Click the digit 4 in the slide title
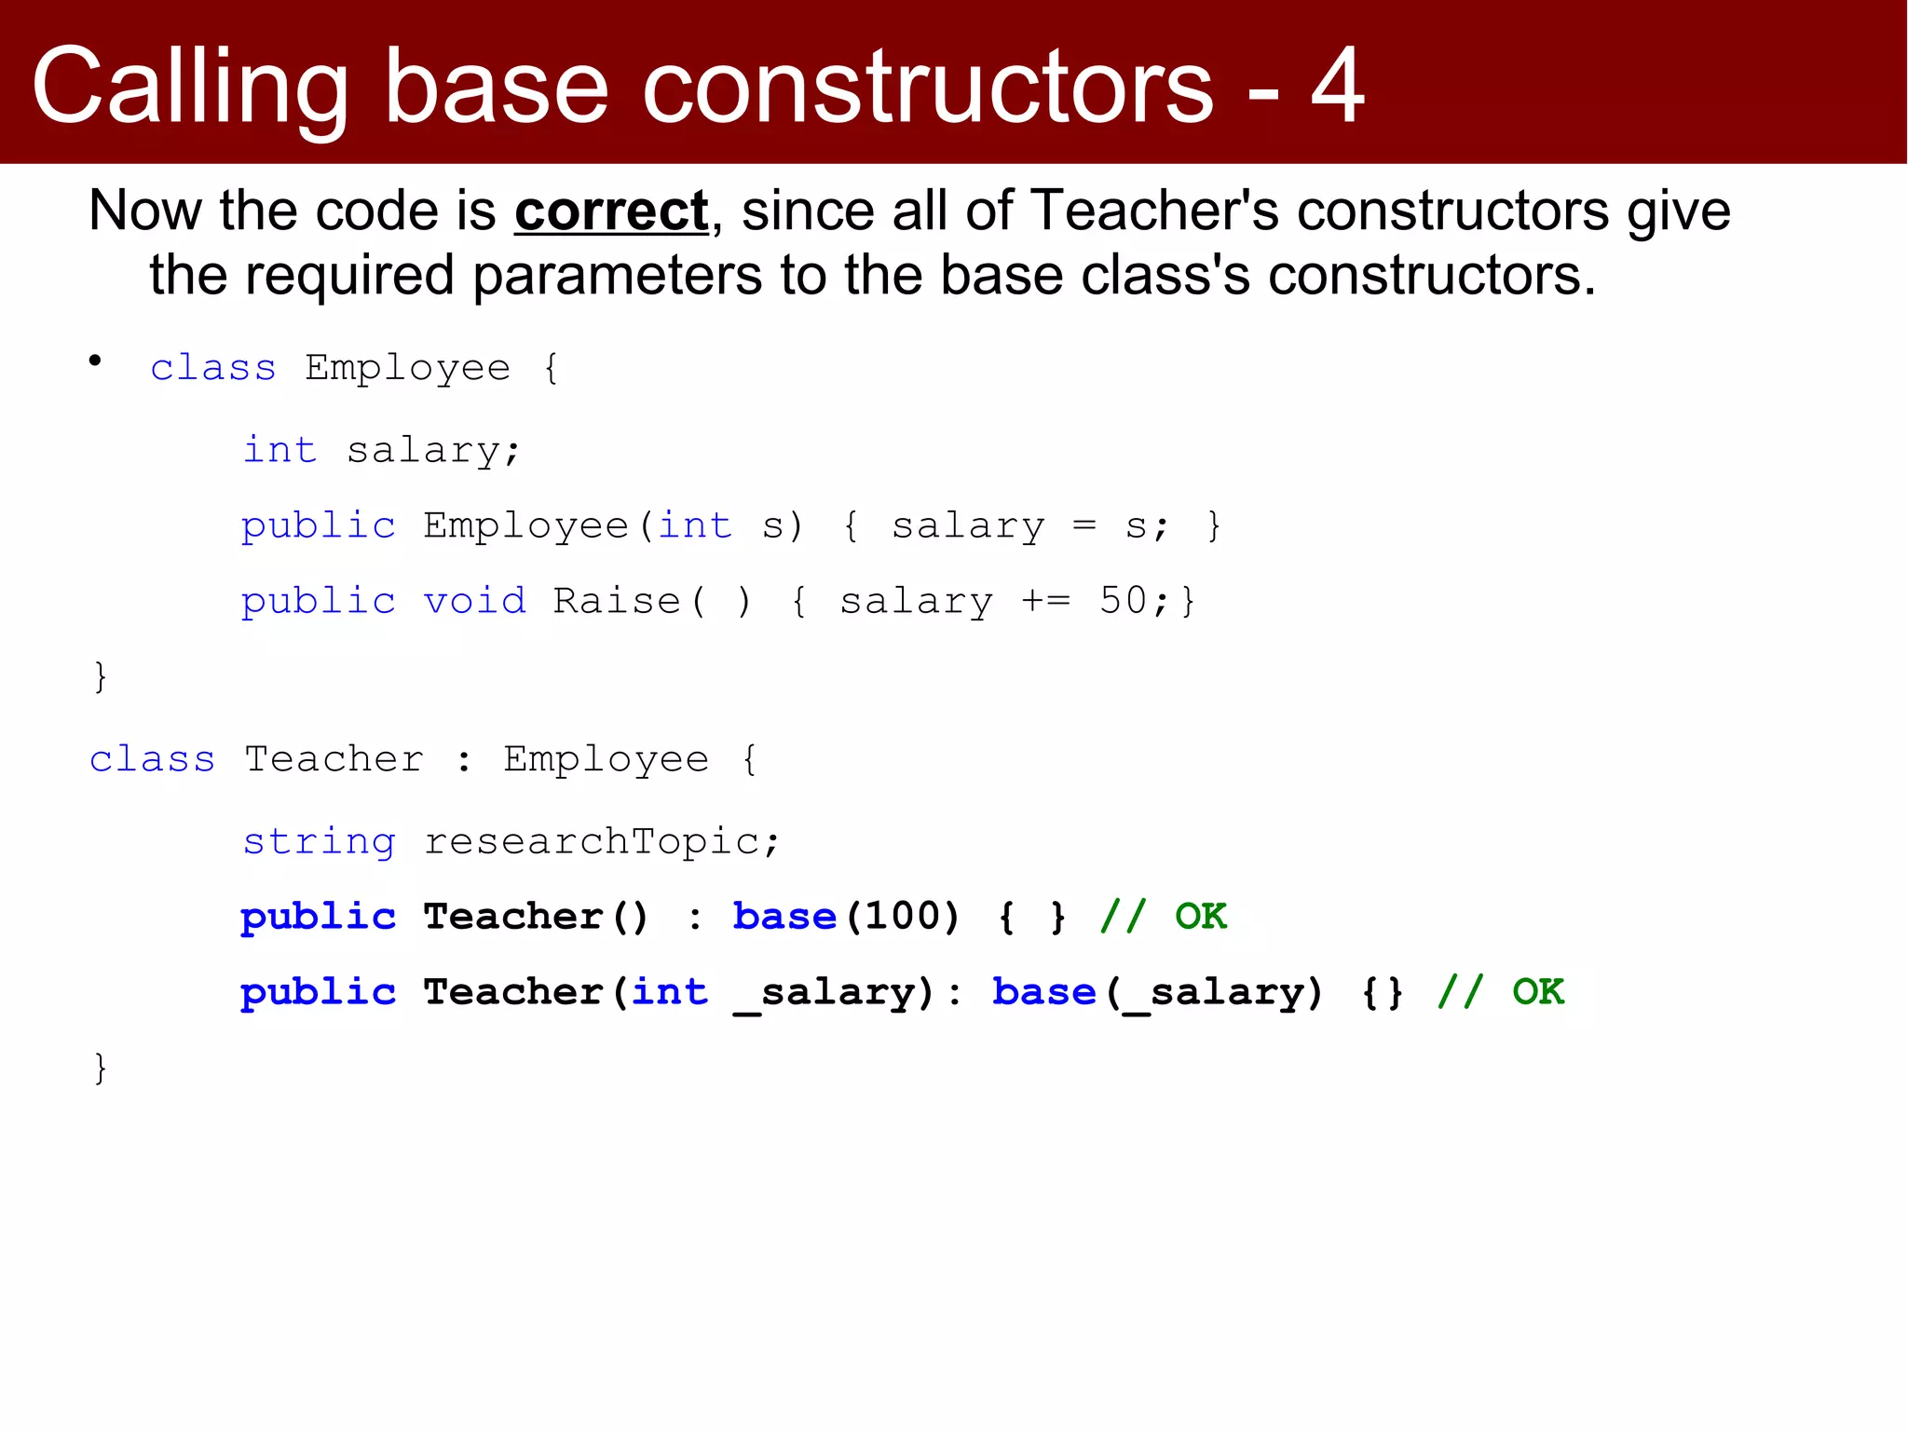click(1337, 86)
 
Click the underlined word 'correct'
click(611, 211)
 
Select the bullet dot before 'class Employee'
click(95, 361)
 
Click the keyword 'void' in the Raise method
click(474, 601)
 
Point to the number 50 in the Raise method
click(1124, 601)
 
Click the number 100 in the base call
click(903, 917)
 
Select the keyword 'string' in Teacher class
click(319, 842)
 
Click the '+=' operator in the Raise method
click(1046, 601)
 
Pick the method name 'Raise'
click(617, 601)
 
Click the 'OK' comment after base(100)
click(1200, 917)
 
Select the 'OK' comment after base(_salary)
click(1537, 992)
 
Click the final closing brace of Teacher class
click(101, 1068)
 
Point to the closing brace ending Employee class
click(101, 676)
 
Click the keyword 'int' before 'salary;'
click(279, 450)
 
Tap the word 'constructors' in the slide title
click(928, 86)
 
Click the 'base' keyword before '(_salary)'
click(1043, 992)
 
